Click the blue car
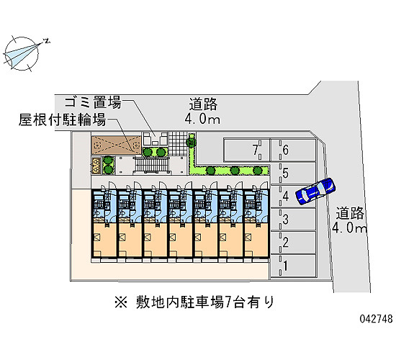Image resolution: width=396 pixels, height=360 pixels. (315, 191)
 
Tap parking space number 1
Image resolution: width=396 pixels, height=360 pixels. (293, 266)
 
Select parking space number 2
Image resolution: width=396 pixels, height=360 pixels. (293, 243)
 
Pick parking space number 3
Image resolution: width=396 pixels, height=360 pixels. (293, 220)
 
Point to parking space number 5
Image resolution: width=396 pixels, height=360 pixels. (293, 174)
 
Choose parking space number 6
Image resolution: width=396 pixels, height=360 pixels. (293, 150)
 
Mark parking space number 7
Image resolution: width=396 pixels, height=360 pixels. (246, 150)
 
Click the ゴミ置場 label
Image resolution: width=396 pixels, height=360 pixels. (93, 102)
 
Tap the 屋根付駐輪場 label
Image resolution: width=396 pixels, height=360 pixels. (62, 120)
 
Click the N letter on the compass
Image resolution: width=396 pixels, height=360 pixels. (47, 40)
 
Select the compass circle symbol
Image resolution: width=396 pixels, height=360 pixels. (22, 53)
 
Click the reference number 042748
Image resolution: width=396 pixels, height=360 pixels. (376, 319)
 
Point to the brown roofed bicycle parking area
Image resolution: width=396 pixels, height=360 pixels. (116, 145)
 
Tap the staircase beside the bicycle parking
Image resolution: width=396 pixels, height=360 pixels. (153, 165)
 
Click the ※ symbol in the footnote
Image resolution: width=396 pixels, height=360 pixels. (121, 302)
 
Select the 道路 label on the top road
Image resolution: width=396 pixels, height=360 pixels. (203, 104)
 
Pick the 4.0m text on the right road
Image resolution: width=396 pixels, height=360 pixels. (349, 228)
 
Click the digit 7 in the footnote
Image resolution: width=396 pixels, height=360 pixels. (228, 302)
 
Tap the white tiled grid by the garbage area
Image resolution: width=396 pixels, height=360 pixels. (179, 143)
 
